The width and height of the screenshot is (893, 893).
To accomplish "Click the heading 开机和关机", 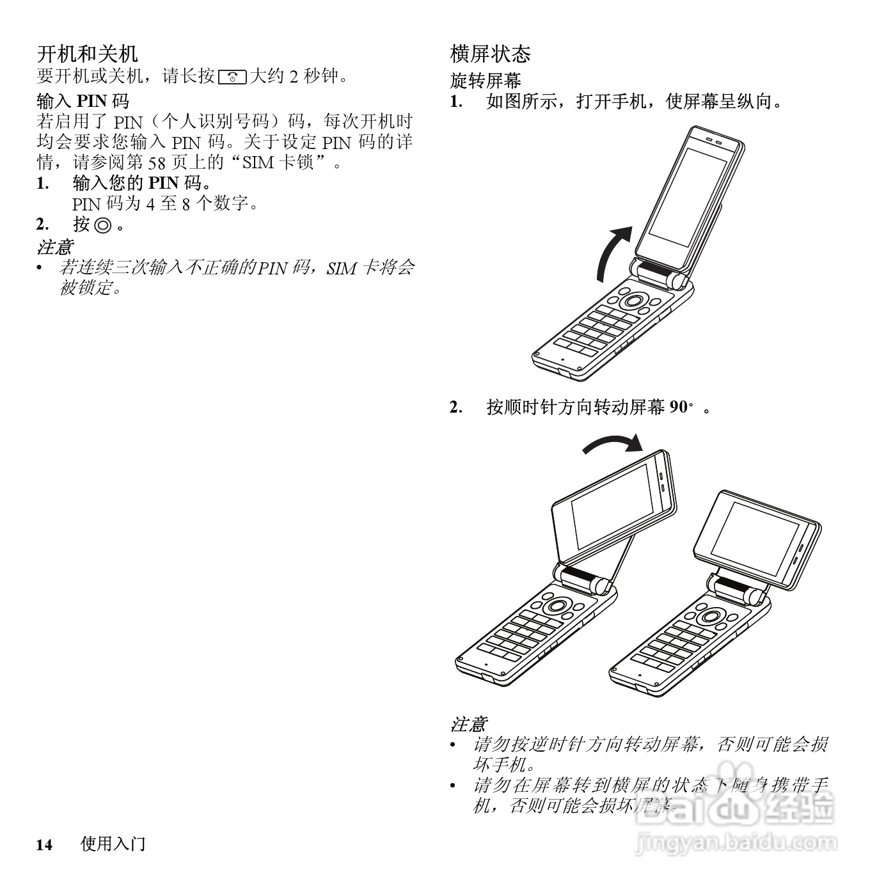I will point(87,54).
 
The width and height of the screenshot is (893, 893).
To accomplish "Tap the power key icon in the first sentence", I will point(232,77).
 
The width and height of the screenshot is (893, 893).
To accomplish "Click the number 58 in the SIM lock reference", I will point(157,163).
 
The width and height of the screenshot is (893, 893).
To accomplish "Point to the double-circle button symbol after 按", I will point(102,225).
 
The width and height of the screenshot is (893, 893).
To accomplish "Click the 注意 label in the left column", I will point(54,247).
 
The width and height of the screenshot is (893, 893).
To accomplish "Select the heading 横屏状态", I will point(491,54).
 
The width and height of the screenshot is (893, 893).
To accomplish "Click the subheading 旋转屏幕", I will point(486,81).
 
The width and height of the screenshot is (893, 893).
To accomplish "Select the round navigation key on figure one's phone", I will point(634,301).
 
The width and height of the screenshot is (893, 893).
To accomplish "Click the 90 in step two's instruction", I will point(678,407).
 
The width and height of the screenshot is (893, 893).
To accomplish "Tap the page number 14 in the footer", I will point(43,845).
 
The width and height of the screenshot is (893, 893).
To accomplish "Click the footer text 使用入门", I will point(113,844).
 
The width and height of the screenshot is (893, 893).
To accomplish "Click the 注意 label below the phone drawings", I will point(468,725).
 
